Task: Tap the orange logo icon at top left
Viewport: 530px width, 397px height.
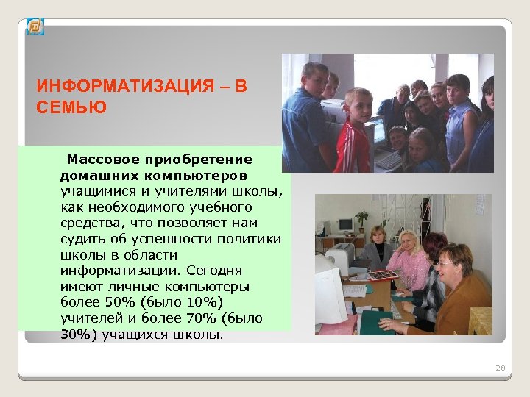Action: click(x=35, y=27)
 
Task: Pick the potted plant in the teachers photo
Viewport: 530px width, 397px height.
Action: click(x=361, y=220)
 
